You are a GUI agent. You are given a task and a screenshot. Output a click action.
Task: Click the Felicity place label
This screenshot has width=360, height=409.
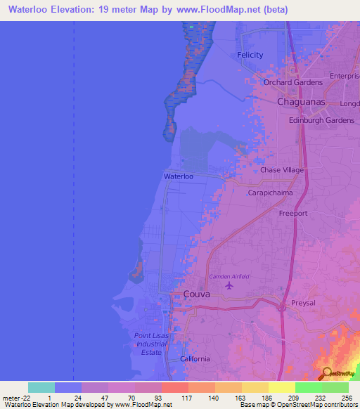click(250, 55)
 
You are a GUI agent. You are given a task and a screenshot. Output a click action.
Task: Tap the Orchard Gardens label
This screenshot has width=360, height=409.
click(292, 82)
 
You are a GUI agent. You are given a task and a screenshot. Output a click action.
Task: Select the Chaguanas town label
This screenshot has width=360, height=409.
click(300, 102)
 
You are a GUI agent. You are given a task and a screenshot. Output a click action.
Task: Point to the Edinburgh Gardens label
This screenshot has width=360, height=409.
click(321, 120)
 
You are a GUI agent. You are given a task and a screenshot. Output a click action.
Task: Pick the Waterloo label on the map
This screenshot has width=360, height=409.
click(178, 176)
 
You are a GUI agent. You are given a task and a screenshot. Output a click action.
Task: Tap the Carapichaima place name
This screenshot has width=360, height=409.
click(270, 192)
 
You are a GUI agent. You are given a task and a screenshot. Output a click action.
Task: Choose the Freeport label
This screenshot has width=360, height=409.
click(293, 212)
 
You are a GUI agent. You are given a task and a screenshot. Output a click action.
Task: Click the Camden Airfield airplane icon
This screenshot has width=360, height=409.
click(229, 286)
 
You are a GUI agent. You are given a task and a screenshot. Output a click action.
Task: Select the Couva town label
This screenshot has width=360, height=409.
click(196, 294)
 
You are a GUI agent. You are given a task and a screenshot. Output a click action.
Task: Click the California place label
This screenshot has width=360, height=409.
click(195, 359)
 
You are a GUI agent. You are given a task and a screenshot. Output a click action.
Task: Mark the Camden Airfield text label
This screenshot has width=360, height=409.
click(229, 277)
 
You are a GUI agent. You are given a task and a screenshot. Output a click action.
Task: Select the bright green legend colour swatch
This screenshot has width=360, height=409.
click(309, 387)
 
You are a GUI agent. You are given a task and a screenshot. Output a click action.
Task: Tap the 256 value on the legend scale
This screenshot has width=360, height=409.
click(347, 398)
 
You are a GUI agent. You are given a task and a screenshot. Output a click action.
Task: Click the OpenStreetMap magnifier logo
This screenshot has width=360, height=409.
click(327, 373)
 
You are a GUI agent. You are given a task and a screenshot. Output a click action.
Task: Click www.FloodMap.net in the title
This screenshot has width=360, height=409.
click(206, 9)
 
